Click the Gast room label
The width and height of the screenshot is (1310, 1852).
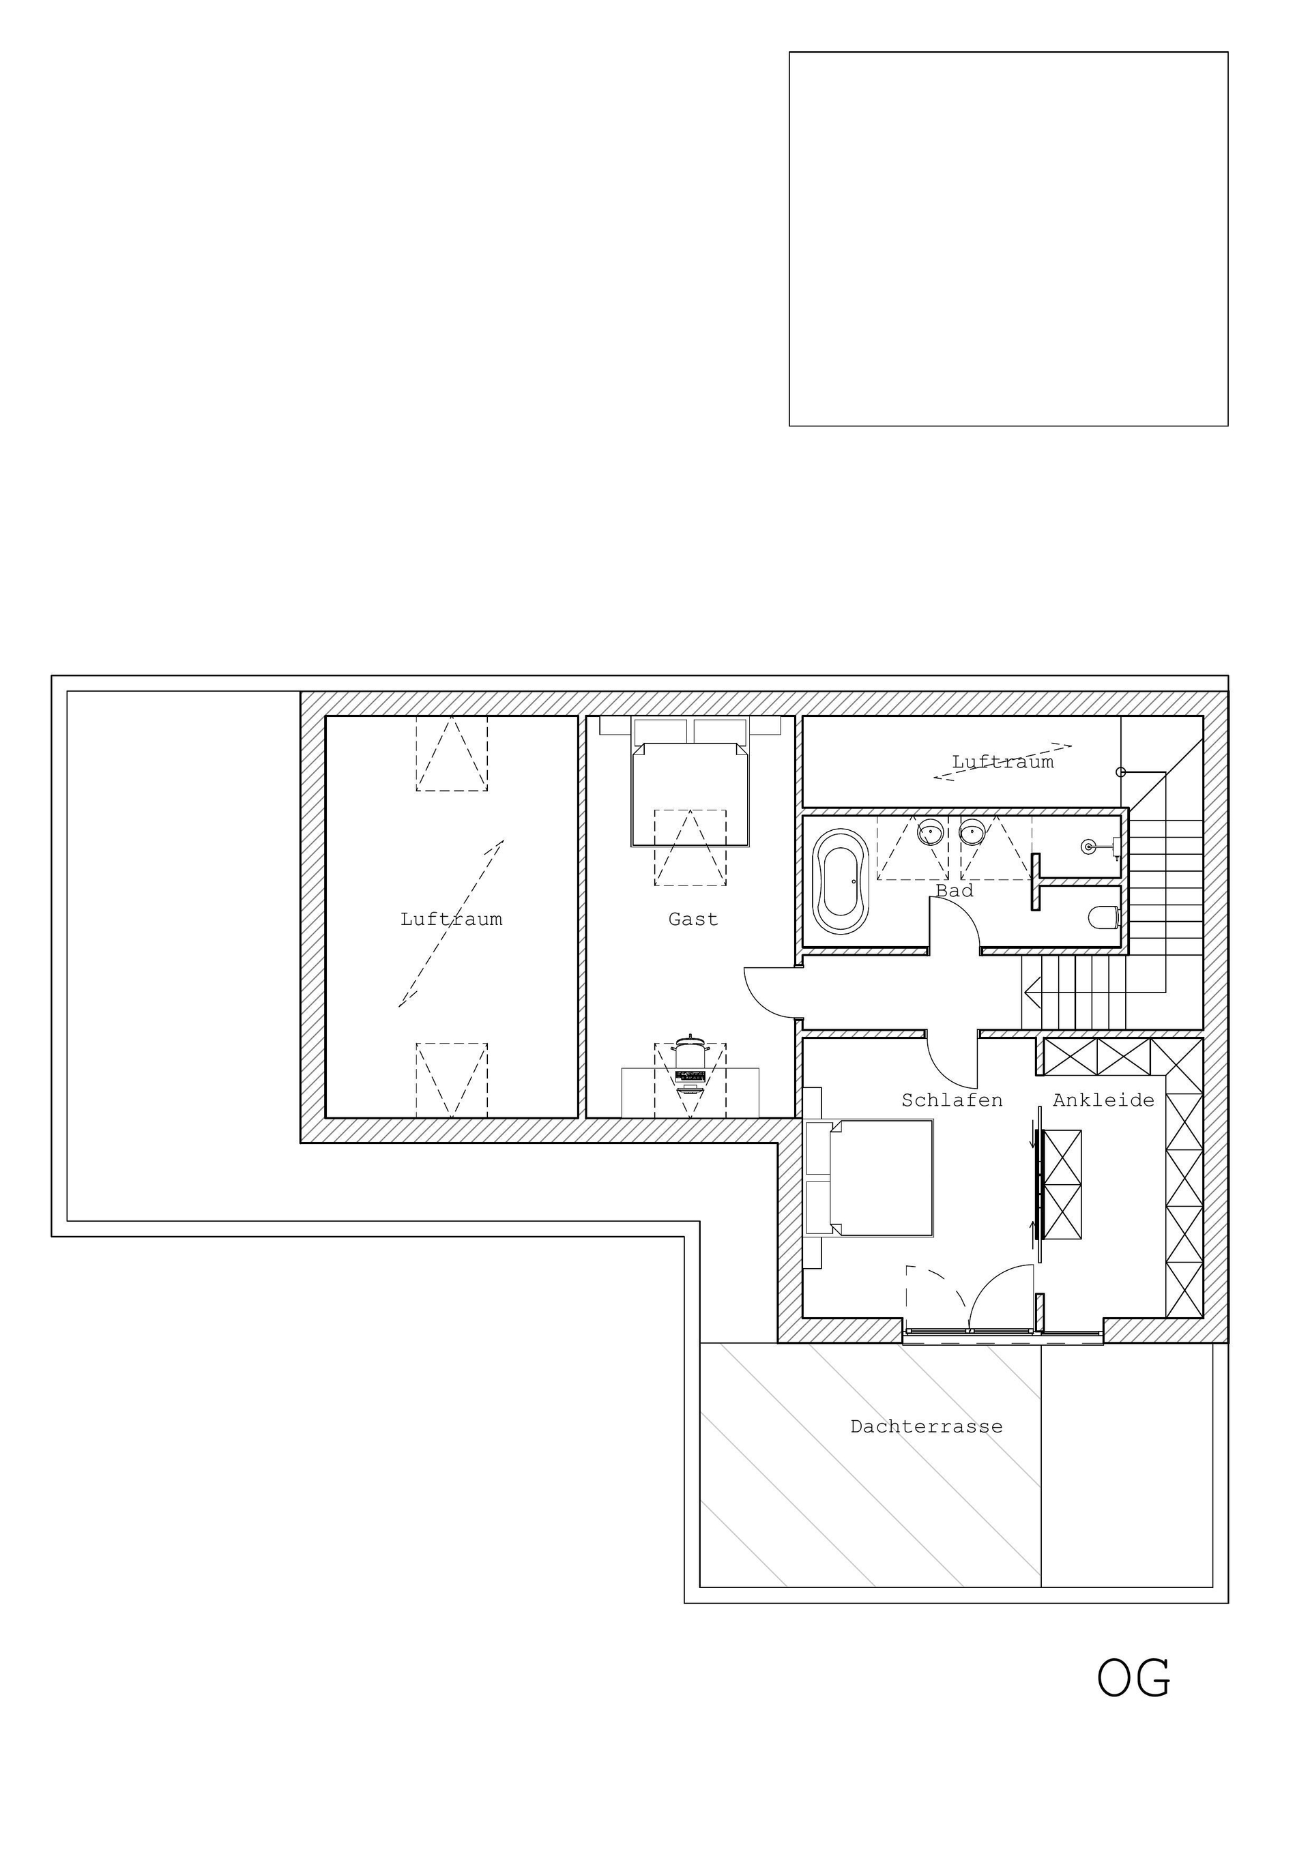[x=693, y=919]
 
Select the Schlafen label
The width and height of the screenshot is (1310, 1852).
[x=952, y=1100]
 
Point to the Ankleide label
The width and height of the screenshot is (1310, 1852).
[x=1103, y=1100]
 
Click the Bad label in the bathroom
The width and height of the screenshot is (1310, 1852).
[x=955, y=890]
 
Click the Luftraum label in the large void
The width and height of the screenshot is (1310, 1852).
[x=451, y=919]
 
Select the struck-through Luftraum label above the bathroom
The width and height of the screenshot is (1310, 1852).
[x=1003, y=761]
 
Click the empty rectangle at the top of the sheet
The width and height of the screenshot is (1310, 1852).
[x=1008, y=239]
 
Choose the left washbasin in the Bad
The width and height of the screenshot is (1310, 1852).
[x=931, y=831]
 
